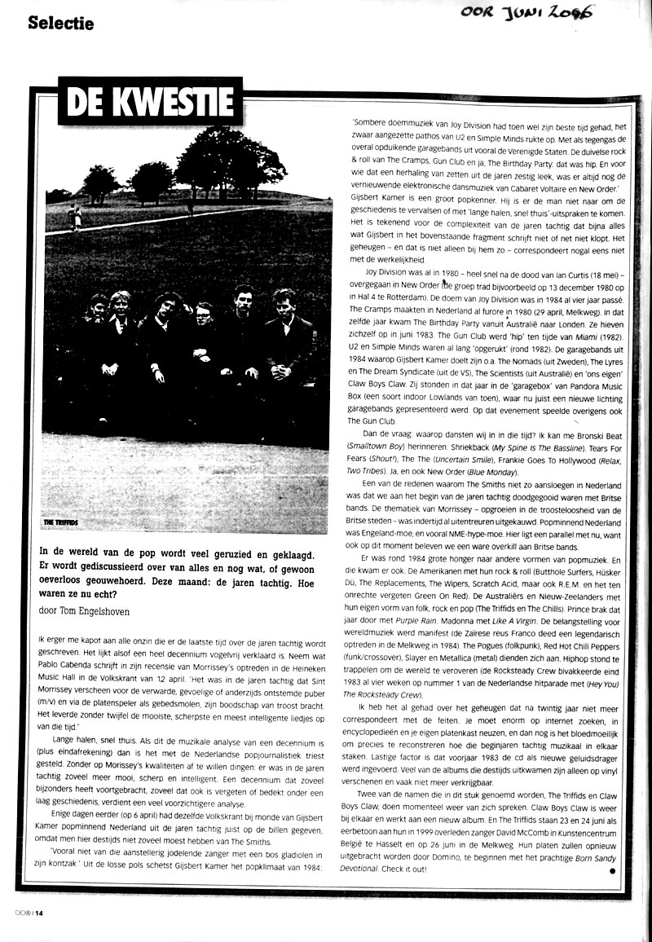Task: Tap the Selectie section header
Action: pos(60,23)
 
